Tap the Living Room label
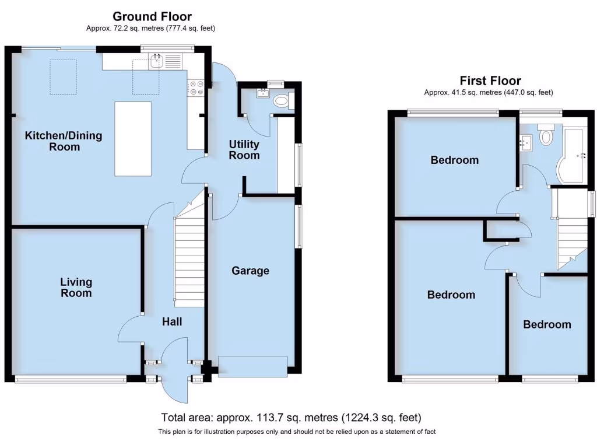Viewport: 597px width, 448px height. click(x=76, y=288)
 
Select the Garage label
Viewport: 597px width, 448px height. click(x=250, y=271)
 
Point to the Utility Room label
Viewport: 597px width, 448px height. click(x=244, y=150)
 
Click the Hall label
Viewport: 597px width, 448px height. click(x=172, y=321)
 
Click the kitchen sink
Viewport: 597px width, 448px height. click(x=156, y=60)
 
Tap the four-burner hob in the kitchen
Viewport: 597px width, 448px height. click(x=195, y=87)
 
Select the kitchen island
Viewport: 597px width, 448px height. click(x=132, y=138)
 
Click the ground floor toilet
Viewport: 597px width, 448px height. click(x=281, y=101)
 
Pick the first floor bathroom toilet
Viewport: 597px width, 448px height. click(x=546, y=135)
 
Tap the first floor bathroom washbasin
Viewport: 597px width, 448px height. click(x=526, y=142)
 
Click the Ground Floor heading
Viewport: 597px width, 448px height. click(x=152, y=16)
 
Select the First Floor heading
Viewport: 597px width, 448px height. click(x=490, y=80)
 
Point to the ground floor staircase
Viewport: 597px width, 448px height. click(x=189, y=257)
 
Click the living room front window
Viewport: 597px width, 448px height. click(x=70, y=379)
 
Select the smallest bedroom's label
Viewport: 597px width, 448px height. click(x=546, y=324)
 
